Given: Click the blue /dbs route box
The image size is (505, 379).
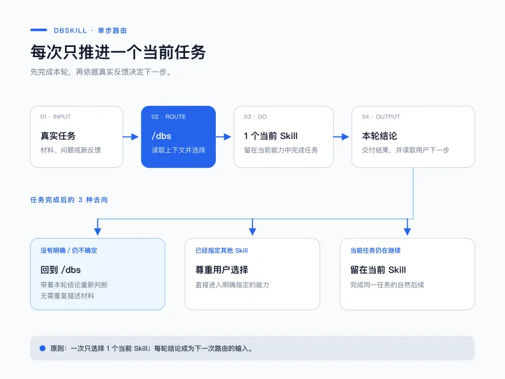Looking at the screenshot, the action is point(179,137).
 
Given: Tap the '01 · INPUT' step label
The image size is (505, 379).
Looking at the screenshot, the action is point(55,117).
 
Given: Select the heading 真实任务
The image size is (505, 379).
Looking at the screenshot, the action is point(58,136).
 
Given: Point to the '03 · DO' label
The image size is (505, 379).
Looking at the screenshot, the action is point(256,117).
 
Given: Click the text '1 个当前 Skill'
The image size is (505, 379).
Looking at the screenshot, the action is point(271,136).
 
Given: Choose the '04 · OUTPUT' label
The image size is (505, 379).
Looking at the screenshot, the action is point(381,117).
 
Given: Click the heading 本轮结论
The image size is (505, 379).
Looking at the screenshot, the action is point(379,136).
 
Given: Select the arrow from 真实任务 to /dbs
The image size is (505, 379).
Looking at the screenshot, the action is point(131,137).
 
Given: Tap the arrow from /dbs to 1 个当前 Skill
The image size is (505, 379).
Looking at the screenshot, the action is point(224,137).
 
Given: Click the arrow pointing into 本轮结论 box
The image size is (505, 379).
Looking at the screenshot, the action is point(341,137).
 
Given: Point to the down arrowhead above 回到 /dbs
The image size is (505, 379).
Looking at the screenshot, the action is point(97,231).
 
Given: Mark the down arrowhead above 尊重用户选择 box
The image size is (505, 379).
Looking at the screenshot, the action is point(252,231).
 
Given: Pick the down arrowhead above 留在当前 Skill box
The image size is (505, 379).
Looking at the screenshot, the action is point(408,231).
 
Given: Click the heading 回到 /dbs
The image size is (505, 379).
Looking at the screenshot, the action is point(61,270).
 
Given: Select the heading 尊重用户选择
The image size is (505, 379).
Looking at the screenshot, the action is point(222,270).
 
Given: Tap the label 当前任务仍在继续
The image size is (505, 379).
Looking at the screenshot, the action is point(375,250).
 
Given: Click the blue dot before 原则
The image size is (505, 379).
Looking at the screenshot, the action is point(43,348).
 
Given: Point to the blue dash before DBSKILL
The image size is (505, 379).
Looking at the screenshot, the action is point(38,30).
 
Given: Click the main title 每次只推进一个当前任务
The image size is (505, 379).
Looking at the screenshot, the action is point(118,52).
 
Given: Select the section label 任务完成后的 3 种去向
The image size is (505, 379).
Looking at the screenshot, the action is point(69,200).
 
